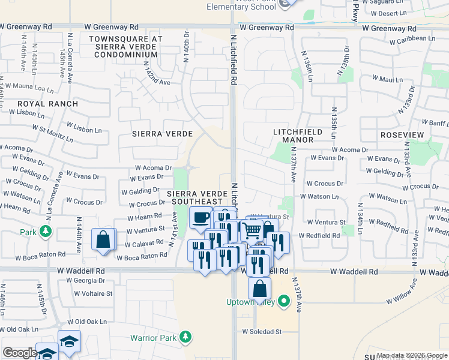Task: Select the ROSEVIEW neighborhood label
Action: click(402, 135)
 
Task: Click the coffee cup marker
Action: click(200, 218)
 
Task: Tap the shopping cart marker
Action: click(253, 230)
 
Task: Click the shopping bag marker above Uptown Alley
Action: click(259, 289)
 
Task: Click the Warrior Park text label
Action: click(154, 338)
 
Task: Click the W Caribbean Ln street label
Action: click(412, 39)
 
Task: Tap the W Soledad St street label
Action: click(262, 331)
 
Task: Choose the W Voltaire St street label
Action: click(93, 293)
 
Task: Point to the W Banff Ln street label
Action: click(430, 123)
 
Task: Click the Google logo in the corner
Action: click(19, 353)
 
